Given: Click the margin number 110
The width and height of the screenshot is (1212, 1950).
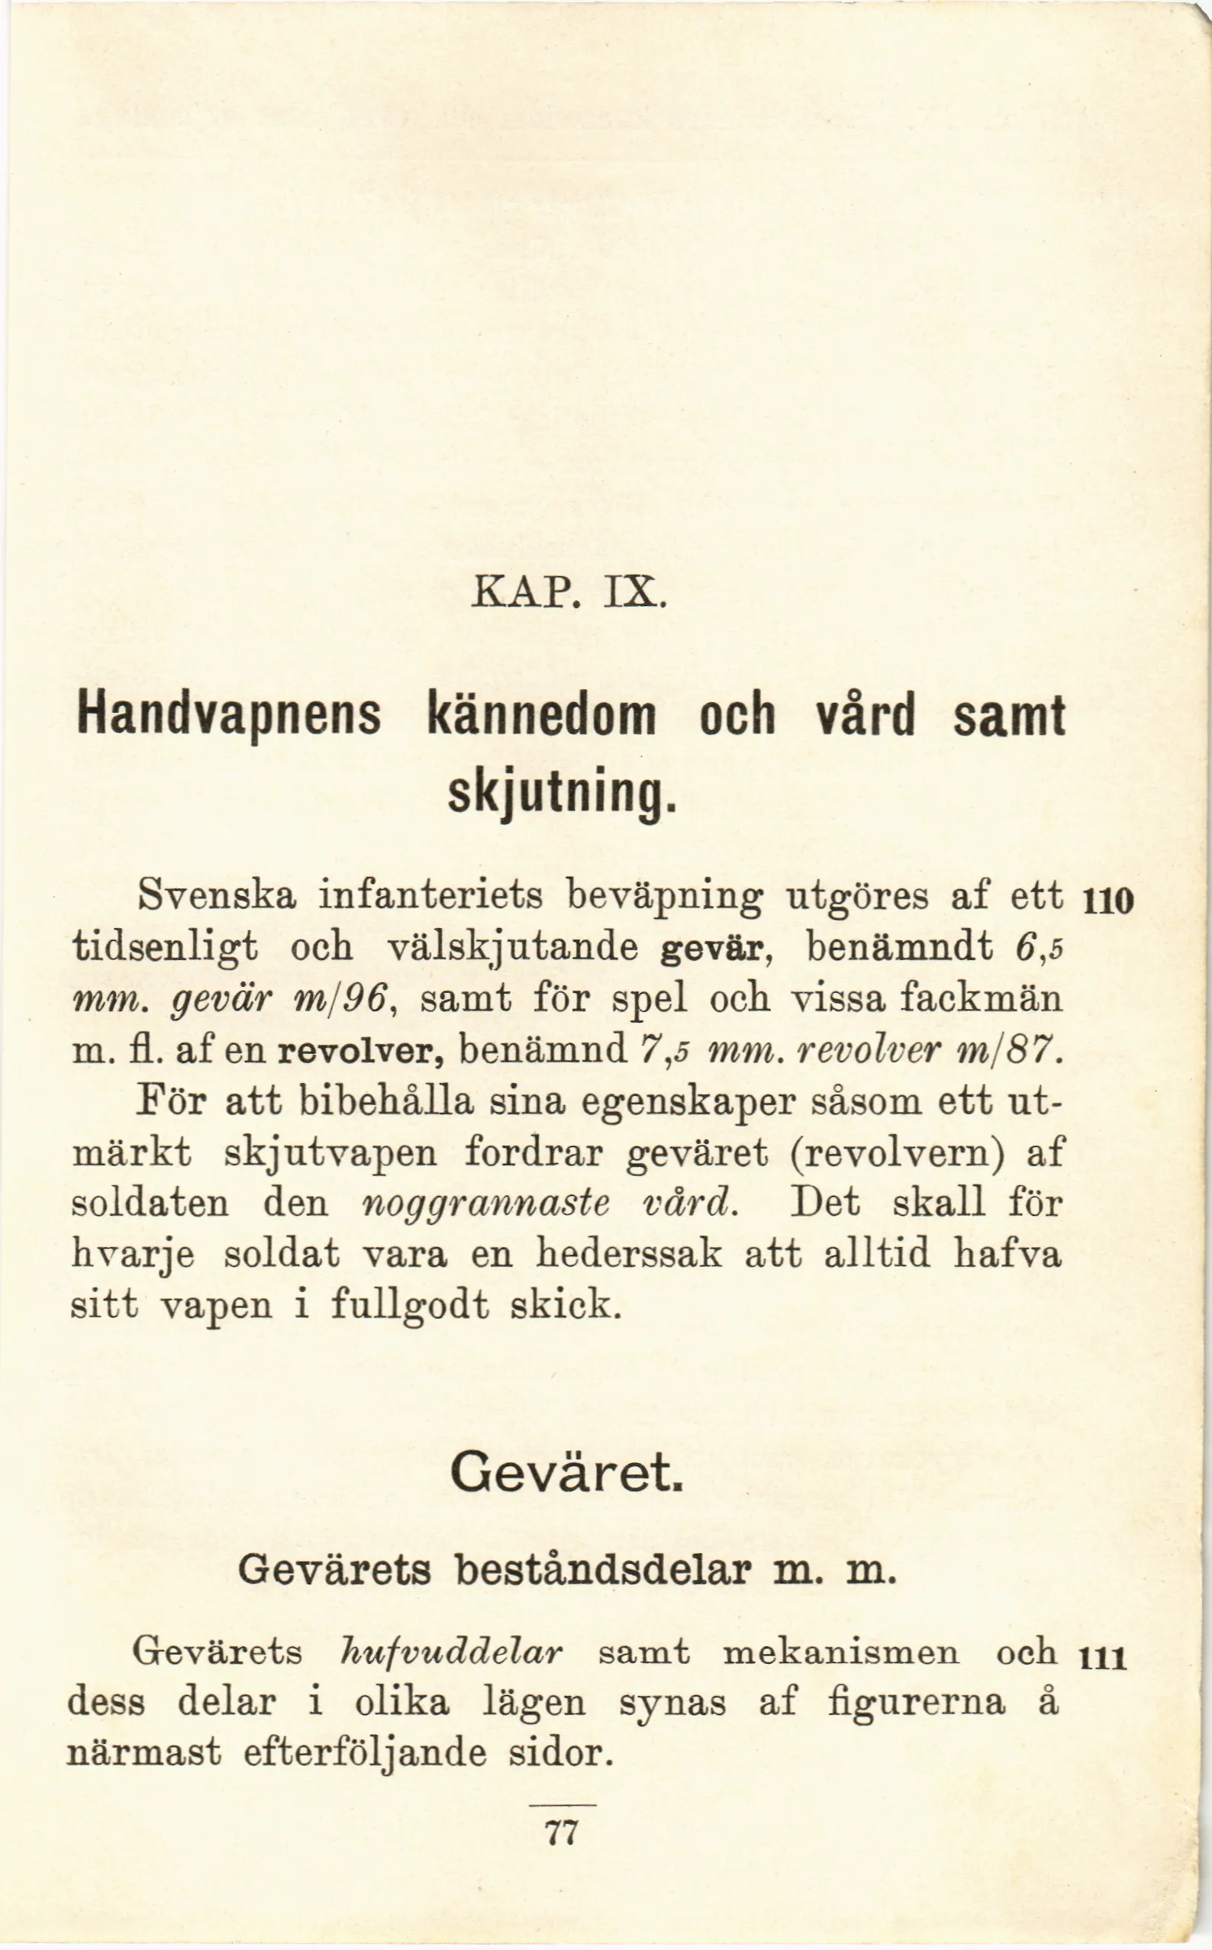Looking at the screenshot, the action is pyautogui.click(x=1107, y=901).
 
